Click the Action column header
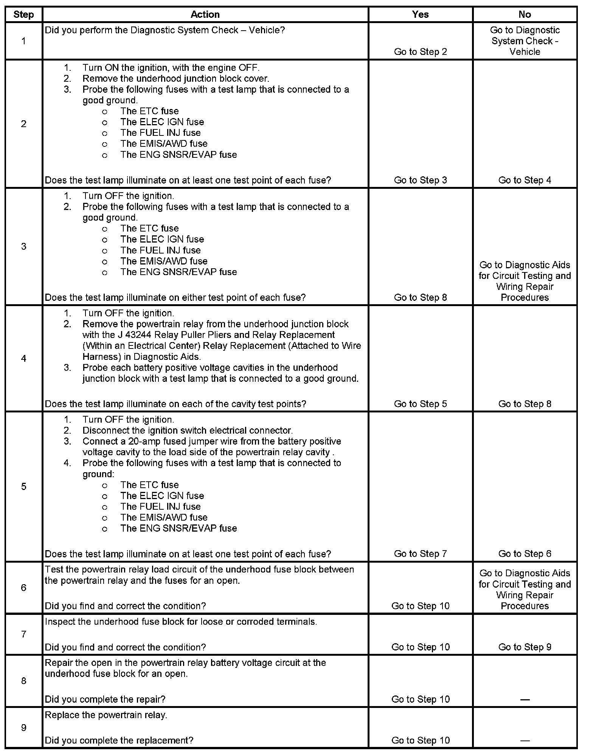[x=205, y=14]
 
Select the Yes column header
[x=420, y=14]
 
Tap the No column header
[x=525, y=14]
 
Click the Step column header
[x=23, y=14]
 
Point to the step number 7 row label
[x=23, y=634]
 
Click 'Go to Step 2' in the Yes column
[x=420, y=51]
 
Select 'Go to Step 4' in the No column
[x=525, y=180]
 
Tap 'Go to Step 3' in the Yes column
[x=420, y=180]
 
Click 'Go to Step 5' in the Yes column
[x=420, y=404]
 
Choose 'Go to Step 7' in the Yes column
[x=420, y=554]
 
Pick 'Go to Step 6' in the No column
[x=525, y=554]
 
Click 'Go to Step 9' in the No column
[x=525, y=647]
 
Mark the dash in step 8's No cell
[x=525, y=699]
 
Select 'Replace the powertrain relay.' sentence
[x=106, y=715]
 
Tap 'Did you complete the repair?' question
[x=105, y=699]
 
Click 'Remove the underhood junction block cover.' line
[x=176, y=78]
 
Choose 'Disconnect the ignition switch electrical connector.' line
[x=188, y=430]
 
